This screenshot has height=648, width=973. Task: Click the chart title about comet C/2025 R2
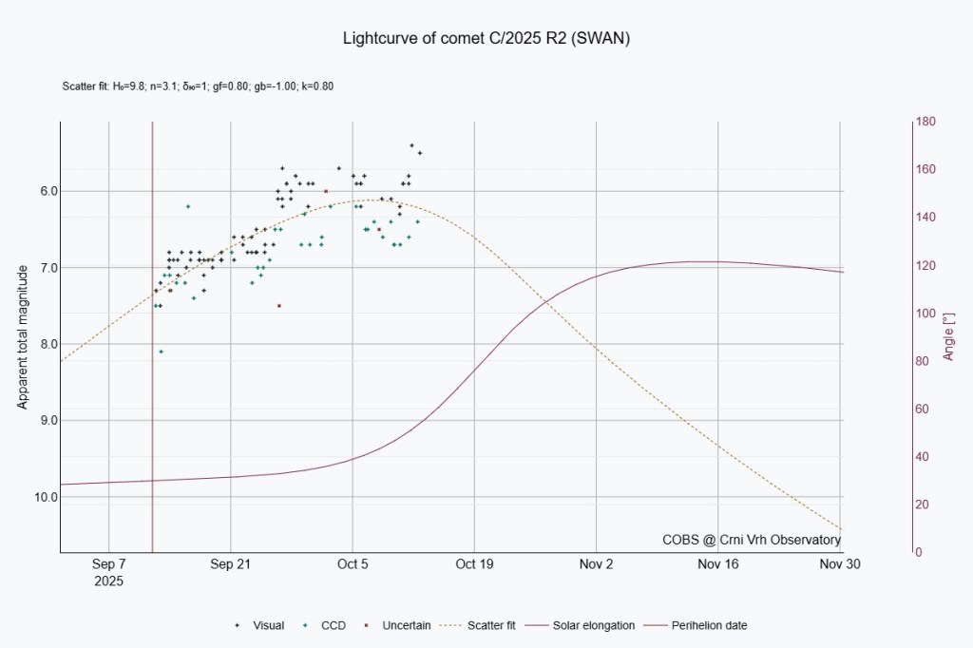486,39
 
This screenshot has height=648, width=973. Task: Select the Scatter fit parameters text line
197,86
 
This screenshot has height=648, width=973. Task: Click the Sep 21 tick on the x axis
231,563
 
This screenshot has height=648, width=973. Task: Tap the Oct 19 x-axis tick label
474,563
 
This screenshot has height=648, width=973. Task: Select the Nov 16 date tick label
718,563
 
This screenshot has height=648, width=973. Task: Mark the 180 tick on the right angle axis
926,122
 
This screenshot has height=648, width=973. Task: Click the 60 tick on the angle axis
924,409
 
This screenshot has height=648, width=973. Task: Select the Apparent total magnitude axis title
22,336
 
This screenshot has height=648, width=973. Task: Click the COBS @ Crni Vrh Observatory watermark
752,540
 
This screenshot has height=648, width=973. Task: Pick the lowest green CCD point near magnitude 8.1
161,352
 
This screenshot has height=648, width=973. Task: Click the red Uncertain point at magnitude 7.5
278,306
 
